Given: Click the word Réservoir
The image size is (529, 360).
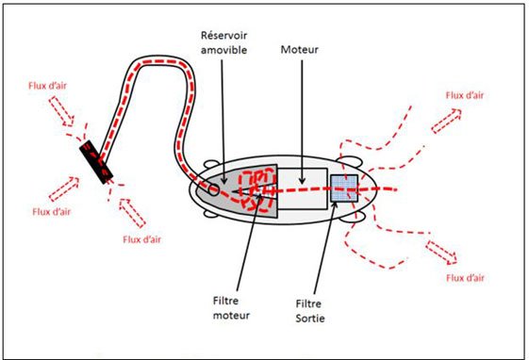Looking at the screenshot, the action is pos(224,36).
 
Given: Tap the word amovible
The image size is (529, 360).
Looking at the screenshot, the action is pos(224,50).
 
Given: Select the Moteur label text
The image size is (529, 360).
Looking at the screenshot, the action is pos(300,50).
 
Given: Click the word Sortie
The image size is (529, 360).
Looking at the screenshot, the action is pos(310,319).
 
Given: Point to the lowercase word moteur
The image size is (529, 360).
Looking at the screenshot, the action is pos(231,316).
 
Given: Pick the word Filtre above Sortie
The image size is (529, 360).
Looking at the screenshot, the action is pos(308,303).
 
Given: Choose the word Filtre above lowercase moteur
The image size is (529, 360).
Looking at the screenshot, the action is pos(225,301).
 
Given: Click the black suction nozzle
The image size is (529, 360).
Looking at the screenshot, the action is pos(96,162).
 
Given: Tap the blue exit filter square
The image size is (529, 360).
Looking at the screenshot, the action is pos(344,188).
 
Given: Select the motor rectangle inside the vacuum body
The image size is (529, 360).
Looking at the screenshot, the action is pos(303,188).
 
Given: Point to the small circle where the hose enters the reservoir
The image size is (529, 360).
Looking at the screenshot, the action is pos(213,189).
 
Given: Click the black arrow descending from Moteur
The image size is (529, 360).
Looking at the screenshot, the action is pos(302,122).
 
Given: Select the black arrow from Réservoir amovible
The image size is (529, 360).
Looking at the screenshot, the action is pos(223,122).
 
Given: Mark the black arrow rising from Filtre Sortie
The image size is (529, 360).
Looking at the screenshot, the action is pos(325,248).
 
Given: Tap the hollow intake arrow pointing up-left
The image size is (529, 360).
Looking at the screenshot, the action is pos(133,213).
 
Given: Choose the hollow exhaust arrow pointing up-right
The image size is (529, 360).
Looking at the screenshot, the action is pos(446,121).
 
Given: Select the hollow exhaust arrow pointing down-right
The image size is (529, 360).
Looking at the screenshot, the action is pos(441,253).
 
